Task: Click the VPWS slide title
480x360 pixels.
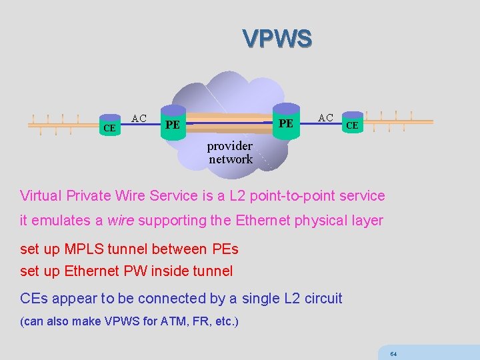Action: (x=277, y=39)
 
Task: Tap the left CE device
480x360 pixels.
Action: (x=109, y=126)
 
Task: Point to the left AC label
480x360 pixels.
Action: (x=139, y=118)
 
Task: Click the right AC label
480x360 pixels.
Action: (x=326, y=117)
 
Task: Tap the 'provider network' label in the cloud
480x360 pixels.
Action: (x=230, y=153)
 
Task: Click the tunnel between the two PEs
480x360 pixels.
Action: (x=229, y=122)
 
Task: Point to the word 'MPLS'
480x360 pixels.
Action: (x=82, y=249)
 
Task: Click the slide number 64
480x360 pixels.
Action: (x=393, y=353)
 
